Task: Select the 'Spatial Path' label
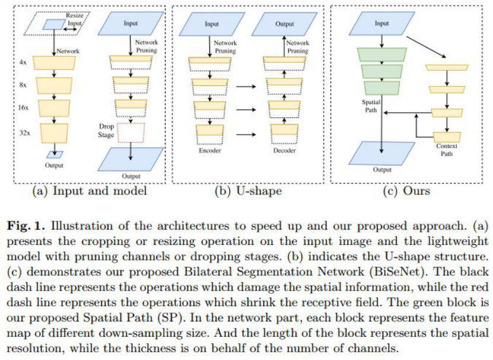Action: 370,106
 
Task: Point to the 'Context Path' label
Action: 447,149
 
